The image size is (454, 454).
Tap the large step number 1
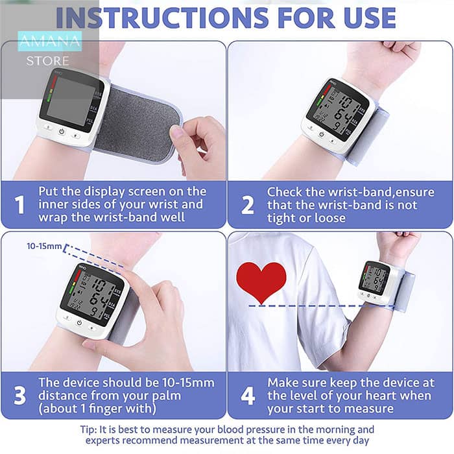tap(19, 205)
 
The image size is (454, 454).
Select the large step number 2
tap(248, 205)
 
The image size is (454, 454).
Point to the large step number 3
tap(19, 395)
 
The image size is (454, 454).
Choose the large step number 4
tap(248, 395)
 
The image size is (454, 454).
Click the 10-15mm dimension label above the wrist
tap(44, 246)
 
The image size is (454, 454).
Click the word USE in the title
tap(370, 18)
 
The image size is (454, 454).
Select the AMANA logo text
tap(50, 41)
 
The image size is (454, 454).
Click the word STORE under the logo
tap(48, 61)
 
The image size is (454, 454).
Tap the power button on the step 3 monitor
tap(79, 322)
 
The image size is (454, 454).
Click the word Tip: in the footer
tap(89, 429)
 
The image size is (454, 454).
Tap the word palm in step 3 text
tap(167, 396)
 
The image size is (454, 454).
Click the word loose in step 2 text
tap(330, 218)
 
